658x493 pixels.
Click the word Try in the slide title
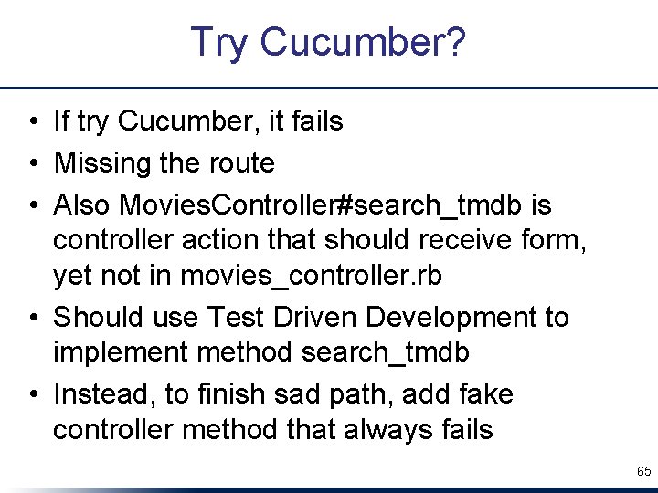(x=220, y=43)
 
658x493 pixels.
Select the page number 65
(x=643, y=472)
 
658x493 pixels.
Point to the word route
(x=243, y=163)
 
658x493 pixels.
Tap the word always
(x=378, y=429)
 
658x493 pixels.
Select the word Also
(x=84, y=205)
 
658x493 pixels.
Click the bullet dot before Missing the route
(x=33, y=164)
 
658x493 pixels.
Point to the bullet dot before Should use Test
(x=33, y=319)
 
